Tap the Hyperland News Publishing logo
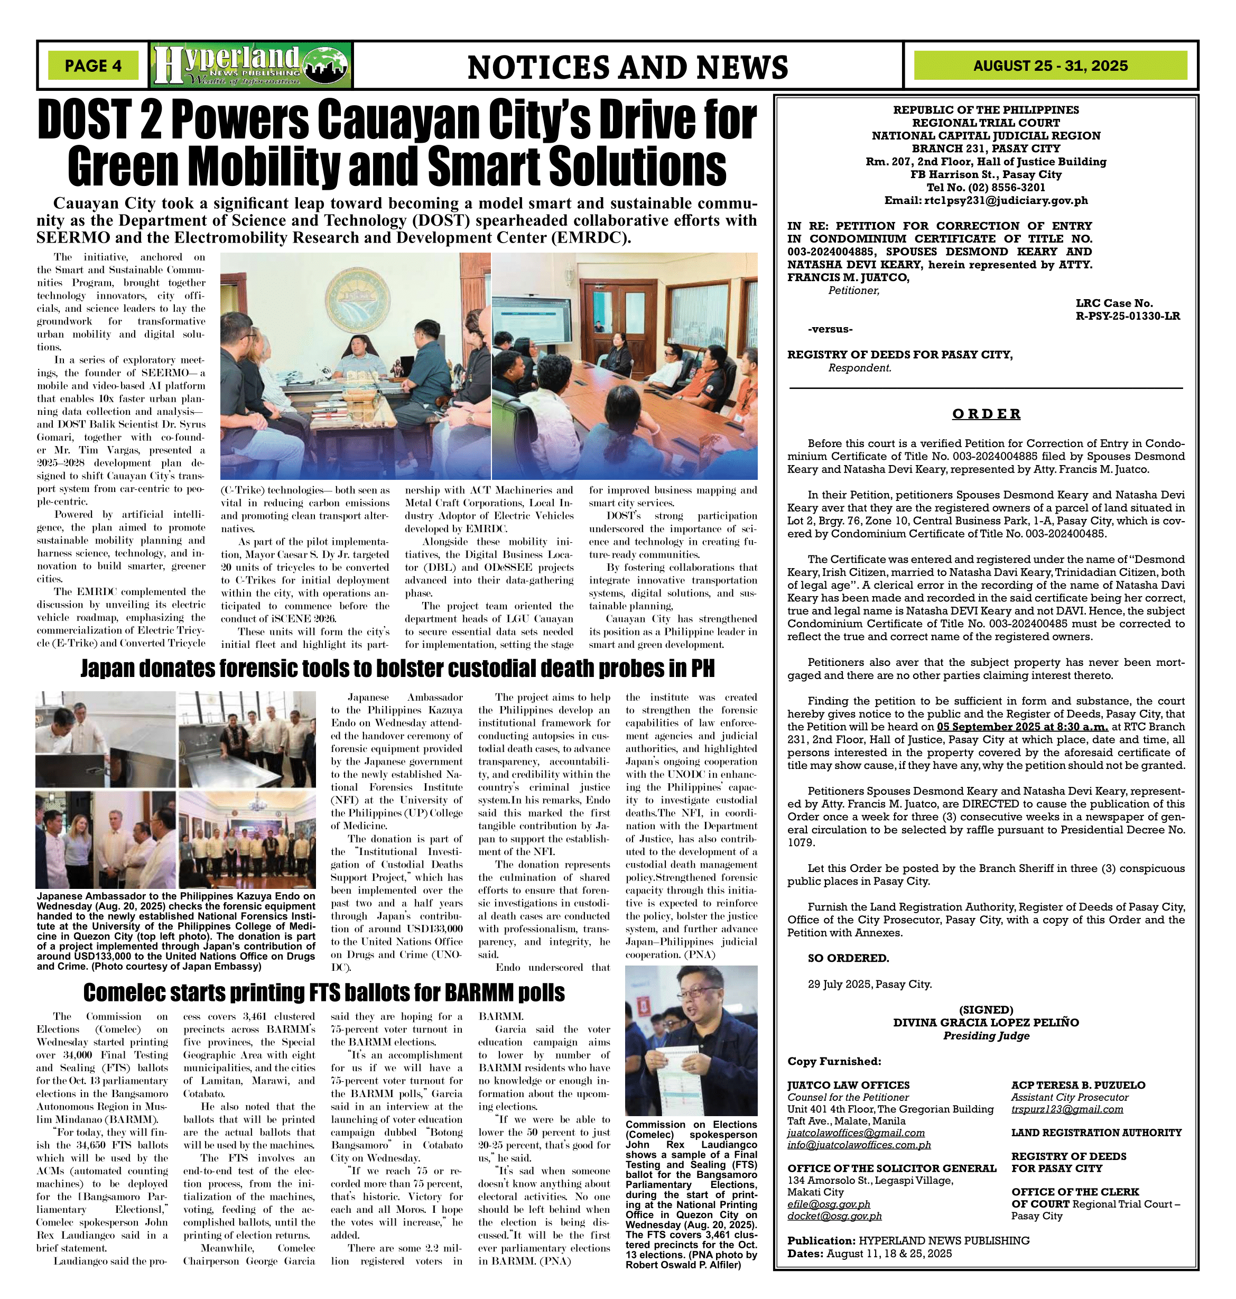click(x=251, y=65)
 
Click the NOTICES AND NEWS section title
click(x=627, y=67)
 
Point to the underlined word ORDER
click(x=986, y=414)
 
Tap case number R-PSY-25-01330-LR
click(x=1127, y=316)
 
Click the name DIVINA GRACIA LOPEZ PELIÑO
click(x=986, y=1022)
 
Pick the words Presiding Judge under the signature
click(x=986, y=1035)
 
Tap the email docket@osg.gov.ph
click(x=834, y=1216)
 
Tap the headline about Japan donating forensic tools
click(x=397, y=669)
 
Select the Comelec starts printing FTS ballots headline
click(x=324, y=992)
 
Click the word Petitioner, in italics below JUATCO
click(x=853, y=291)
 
